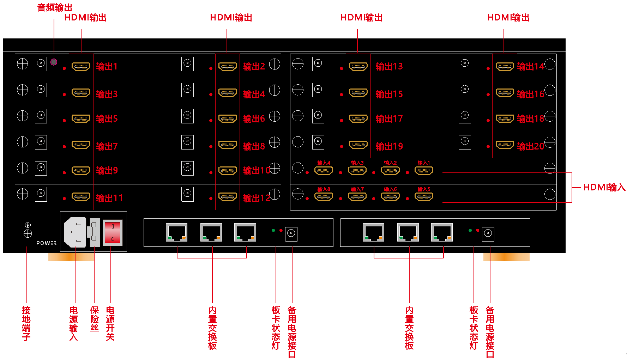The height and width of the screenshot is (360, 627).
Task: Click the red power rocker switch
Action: point(113,232)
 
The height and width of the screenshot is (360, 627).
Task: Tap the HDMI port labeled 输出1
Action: point(81,66)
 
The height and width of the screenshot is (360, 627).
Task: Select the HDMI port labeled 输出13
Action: point(358,66)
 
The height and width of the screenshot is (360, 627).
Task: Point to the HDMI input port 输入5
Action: point(424,197)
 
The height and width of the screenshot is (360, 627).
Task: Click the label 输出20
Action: point(530,146)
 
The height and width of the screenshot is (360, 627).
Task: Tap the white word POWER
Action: point(47,243)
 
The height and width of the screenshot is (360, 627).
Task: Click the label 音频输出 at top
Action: point(55,7)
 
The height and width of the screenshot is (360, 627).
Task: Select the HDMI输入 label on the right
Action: point(604,187)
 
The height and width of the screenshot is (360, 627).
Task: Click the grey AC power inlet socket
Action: point(75,232)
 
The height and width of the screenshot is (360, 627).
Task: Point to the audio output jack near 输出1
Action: point(54,62)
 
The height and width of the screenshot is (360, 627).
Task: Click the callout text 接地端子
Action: point(26,323)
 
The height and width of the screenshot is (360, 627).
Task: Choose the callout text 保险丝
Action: point(94,319)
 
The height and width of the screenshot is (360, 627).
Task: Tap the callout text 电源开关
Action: point(110,323)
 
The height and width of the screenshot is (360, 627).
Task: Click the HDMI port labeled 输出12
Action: point(228,197)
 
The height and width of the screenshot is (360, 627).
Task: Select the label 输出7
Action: point(107,146)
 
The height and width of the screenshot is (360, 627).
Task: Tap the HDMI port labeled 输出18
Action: point(505,119)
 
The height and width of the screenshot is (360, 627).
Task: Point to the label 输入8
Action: point(324,189)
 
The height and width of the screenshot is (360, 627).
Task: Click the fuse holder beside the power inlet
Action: point(94,232)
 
